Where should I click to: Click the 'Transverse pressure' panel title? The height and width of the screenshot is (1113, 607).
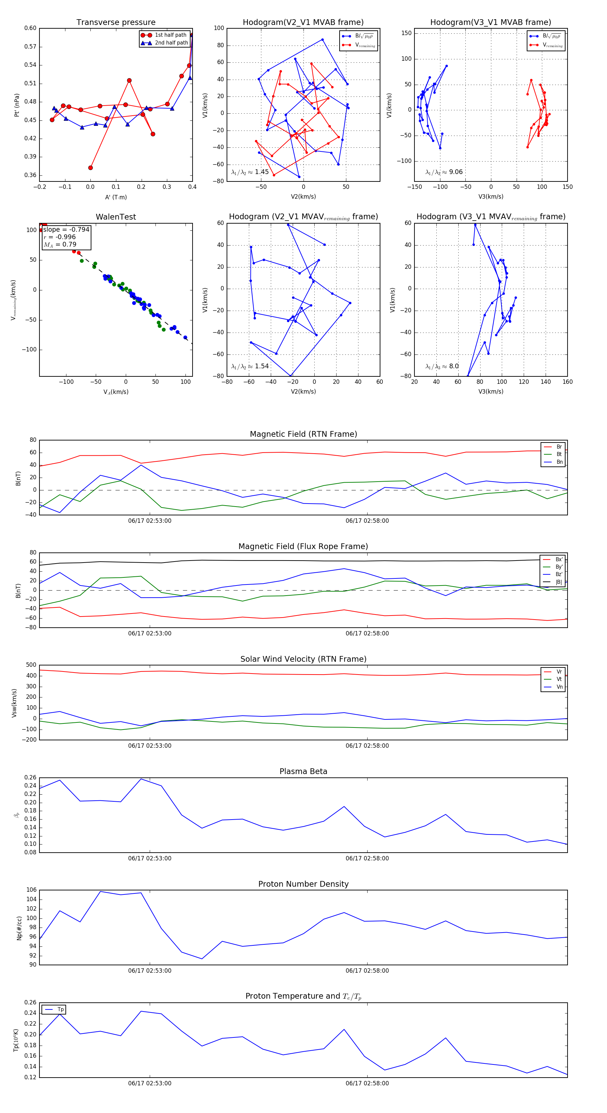pyautogui.click(x=116, y=23)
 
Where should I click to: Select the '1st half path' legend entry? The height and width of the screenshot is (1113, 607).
pyautogui.click(x=170, y=35)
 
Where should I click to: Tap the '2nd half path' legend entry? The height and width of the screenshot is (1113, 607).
pyautogui.click(x=171, y=43)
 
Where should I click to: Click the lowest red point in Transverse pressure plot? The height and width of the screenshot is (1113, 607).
pyautogui.click(x=90, y=168)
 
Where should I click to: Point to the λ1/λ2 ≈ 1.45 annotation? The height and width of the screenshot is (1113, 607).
pyautogui.click(x=250, y=172)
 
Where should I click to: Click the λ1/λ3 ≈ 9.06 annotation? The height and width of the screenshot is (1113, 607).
pyautogui.click(x=444, y=172)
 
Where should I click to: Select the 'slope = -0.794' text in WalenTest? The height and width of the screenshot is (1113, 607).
pyautogui.click(x=66, y=229)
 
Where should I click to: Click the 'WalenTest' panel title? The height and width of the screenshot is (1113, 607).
pyautogui.click(x=116, y=217)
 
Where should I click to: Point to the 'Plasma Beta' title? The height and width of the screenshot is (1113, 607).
pyautogui.click(x=303, y=771)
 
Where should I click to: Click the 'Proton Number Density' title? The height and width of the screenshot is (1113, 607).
pyautogui.click(x=303, y=884)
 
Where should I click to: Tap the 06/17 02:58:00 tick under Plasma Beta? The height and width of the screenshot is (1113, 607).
pyautogui.click(x=367, y=858)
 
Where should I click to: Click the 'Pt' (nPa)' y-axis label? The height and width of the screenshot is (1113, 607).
pyautogui.click(x=17, y=105)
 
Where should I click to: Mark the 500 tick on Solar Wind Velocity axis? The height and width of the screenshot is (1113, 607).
pyautogui.click(x=31, y=665)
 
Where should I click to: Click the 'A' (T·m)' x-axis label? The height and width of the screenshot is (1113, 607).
pyautogui.click(x=116, y=197)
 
